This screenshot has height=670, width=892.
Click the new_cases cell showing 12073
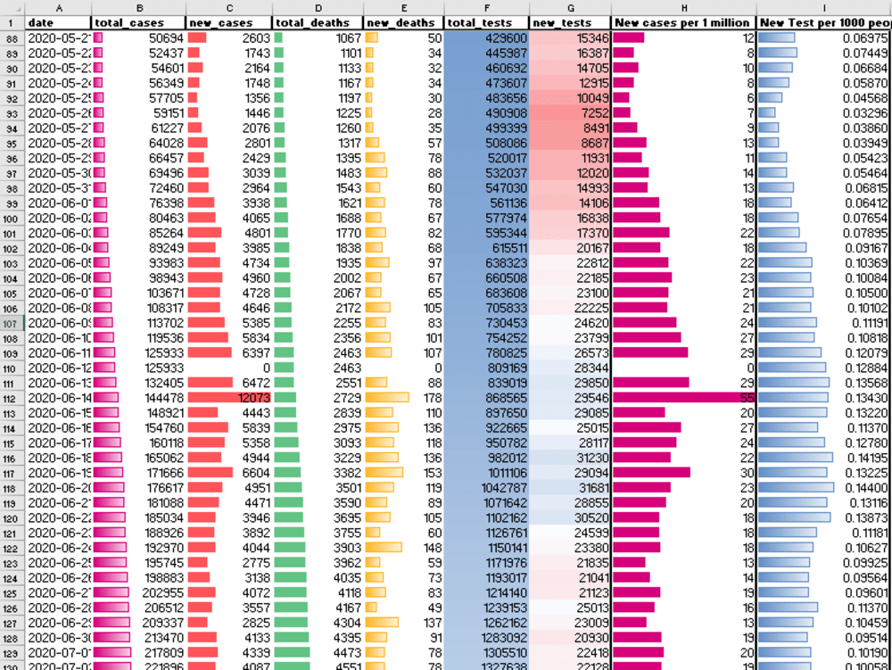pos(229,397)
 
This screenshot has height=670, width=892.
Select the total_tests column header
pos(485,22)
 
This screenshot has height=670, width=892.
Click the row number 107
pos(12,322)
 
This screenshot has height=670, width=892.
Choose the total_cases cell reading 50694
pos(137,37)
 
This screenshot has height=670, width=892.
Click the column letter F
pos(485,7)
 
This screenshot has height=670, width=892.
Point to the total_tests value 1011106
pos(485,472)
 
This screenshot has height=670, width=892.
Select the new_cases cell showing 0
pos(229,368)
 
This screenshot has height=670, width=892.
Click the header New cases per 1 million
pos(683,22)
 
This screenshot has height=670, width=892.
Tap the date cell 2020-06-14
pos(59,397)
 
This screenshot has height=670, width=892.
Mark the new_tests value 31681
pos(570,487)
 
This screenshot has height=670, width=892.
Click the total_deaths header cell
pos(317,22)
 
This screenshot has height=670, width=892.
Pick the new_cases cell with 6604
pos(229,472)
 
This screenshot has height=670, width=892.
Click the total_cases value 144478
pos(137,397)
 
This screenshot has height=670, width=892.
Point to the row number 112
pos(12,397)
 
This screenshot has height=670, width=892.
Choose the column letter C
pos(229,7)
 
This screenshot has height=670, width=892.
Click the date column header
pos(59,22)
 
